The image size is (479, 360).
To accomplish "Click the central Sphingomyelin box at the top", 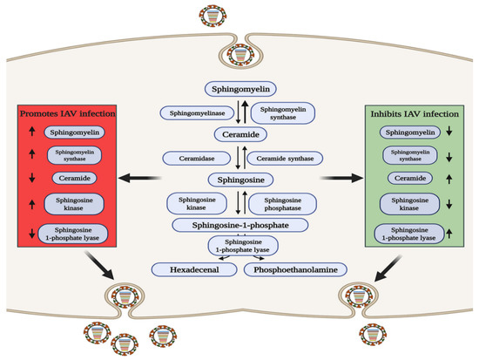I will (x=239, y=89).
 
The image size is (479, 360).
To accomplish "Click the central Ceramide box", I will (x=239, y=135).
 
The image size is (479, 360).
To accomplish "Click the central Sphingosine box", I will (x=239, y=180).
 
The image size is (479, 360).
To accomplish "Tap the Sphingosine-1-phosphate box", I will (x=239, y=225).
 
